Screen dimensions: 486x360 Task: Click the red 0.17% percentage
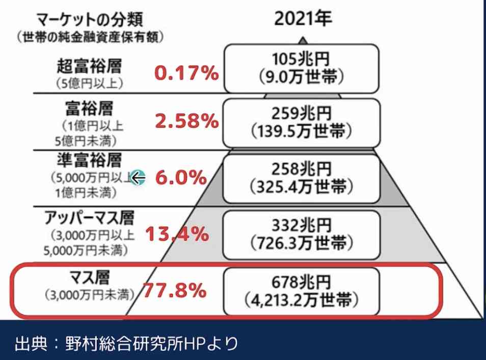tap(186, 73)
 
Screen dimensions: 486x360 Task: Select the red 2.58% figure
tap(187, 120)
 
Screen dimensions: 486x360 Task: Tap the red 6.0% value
tap(181, 178)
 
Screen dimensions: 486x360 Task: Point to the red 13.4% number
tap(177, 234)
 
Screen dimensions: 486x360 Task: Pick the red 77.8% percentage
tap(174, 290)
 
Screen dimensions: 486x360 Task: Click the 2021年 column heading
tap(303, 18)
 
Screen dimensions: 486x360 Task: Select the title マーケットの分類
tap(90, 19)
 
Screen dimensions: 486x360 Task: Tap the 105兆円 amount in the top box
tap(301, 59)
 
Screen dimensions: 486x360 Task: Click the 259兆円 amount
tap(302, 114)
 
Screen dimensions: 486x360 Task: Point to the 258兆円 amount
tap(302, 169)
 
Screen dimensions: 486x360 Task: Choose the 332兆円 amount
tap(302, 225)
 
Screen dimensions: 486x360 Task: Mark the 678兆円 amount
tap(302, 282)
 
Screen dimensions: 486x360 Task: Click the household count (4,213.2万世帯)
tap(301, 300)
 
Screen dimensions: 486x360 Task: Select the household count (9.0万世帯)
tap(301, 76)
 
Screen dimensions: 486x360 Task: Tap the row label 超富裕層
tap(89, 66)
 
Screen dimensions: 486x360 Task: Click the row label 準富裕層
tap(89, 160)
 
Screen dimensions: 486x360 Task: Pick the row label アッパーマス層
tap(89, 218)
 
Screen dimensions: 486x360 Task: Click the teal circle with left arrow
tap(138, 178)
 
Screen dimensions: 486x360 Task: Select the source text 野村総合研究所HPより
tap(152, 343)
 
